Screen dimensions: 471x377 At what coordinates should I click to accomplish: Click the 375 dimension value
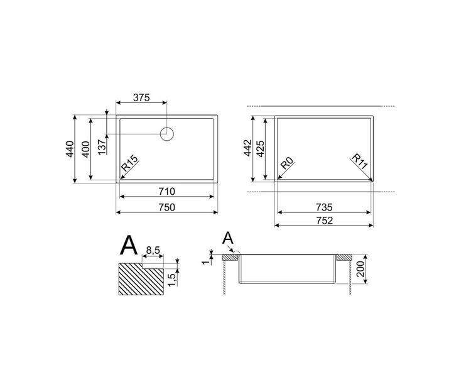pos(141,98)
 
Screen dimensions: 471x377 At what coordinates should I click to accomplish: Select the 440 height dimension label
pos(69,149)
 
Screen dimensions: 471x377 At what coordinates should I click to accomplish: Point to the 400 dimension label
pos(85,149)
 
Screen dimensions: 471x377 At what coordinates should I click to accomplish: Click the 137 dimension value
pos(102,147)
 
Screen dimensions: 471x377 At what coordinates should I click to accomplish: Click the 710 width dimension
pos(166,191)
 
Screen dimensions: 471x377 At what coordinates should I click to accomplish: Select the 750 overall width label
pos(166,207)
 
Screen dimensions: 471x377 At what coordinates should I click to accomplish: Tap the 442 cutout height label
pos(247,148)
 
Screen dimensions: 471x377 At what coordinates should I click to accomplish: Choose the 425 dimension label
pos(260,148)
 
